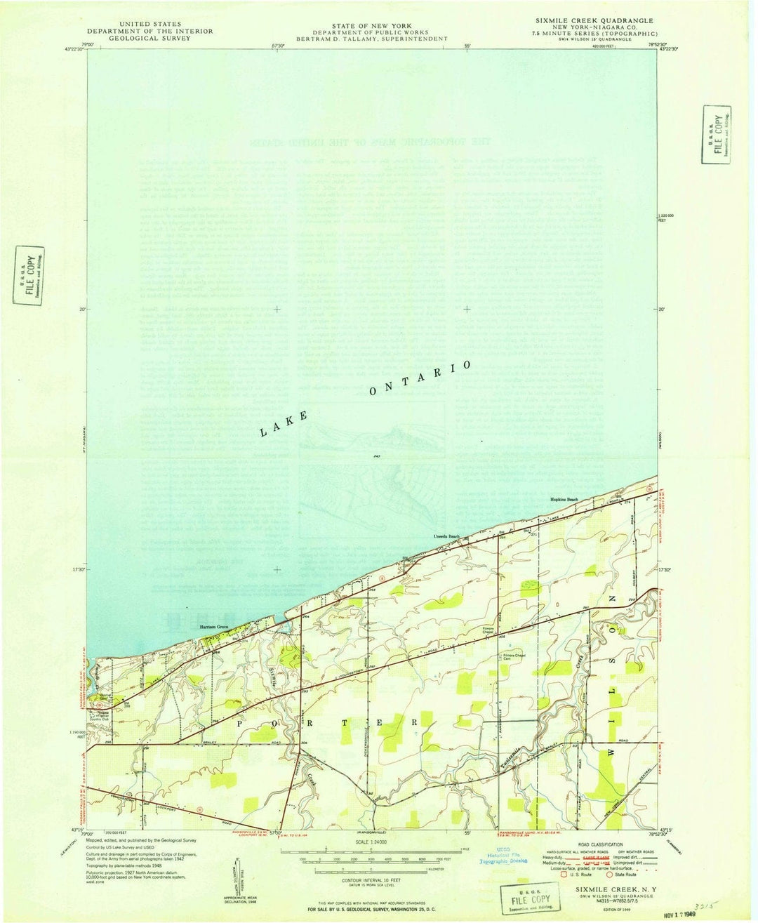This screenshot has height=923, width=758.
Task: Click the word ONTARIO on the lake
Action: (x=420, y=378)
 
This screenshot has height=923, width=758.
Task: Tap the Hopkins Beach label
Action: (x=564, y=499)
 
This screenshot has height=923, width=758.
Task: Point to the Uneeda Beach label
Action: (x=446, y=537)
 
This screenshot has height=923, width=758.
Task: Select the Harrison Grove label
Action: (x=214, y=626)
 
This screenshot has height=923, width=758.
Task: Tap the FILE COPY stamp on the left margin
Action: (x=29, y=276)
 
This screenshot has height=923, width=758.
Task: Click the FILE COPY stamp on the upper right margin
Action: (x=717, y=134)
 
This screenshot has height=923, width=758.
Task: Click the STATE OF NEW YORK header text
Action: (x=372, y=26)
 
